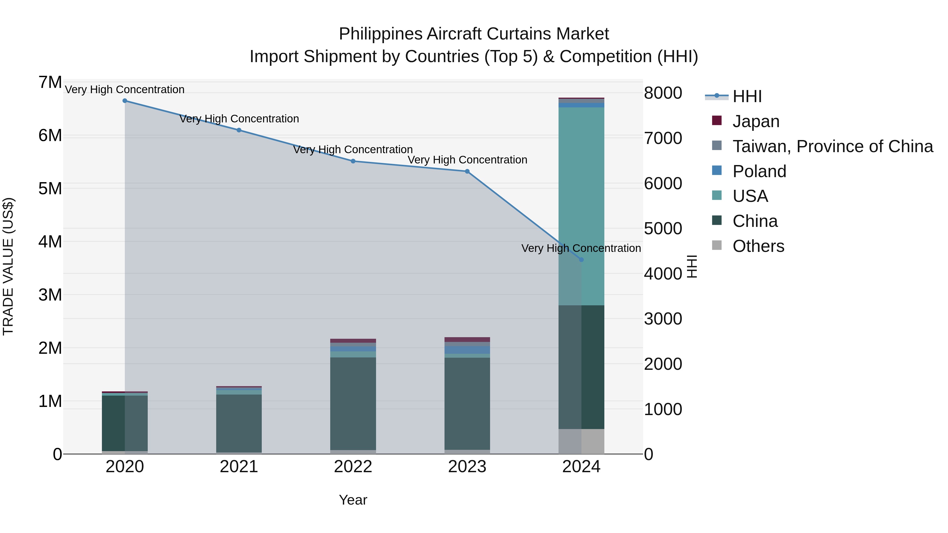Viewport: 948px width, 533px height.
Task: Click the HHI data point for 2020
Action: [125, 101]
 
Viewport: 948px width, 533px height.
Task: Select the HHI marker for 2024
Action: [581, 260]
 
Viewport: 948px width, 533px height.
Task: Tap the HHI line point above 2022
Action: [353, 161]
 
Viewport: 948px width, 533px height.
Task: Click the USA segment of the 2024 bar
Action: [581, 206]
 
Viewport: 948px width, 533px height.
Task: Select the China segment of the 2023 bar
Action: [467, 404]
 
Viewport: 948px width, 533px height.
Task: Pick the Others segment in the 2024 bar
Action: [581, 441]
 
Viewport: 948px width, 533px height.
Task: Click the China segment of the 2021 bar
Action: [239, 423]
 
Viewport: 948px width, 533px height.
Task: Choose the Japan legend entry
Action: [756, 121]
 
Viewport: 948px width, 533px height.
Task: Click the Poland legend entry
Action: [759, 171]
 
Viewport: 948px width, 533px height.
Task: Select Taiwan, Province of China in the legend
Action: [832, 146]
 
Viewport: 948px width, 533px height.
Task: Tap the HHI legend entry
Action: [747, 96]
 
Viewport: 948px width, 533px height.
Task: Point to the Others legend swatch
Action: [717, 245]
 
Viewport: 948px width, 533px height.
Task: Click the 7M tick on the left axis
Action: [50, 82]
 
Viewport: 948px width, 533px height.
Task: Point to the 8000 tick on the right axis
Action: [663, 93]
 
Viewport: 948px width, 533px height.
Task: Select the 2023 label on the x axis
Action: [467, 467]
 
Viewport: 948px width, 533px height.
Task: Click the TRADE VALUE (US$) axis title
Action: [8, 266]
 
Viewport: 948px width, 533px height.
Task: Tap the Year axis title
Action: [353, 500]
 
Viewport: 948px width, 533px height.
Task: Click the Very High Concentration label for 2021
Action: [239, 119]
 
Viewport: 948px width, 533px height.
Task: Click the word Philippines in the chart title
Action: [381, 34]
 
